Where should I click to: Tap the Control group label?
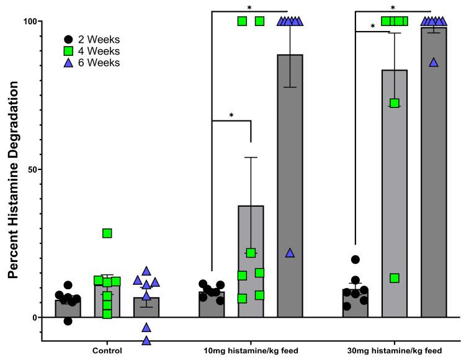[x=107, y=351]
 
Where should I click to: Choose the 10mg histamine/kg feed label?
[x=251, y=351]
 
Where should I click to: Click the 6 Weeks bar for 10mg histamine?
[x=290, y=186]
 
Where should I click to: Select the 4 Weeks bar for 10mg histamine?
[x=251, y=261]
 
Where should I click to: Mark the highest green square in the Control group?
[x=107, y=233]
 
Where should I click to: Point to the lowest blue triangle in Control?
[x=146, y=340]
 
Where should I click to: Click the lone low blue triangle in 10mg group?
[x=290, y=253]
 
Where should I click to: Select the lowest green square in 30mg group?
[x=395, y=278]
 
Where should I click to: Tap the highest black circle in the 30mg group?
[x=355, y=260]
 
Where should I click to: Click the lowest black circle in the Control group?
[x=68, y=321]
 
